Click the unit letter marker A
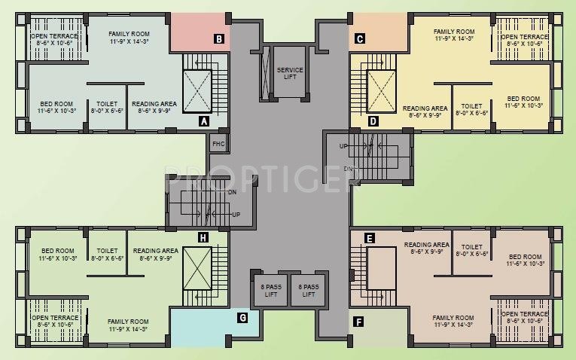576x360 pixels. (203, 121)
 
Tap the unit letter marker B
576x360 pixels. (218, 39)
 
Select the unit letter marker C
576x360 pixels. (360, 39)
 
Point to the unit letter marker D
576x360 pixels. (372, 121)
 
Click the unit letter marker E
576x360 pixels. (369, 239)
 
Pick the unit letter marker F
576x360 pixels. (359, 323)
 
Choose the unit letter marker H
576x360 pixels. (203, 238)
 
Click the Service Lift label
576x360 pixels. (290, 73)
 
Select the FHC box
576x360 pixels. (218, 143)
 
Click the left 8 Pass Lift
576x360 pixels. (269, 290)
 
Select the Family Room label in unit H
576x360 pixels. (126, 325)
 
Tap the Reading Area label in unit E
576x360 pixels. (426, 249)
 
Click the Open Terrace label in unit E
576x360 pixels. (525, 317)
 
